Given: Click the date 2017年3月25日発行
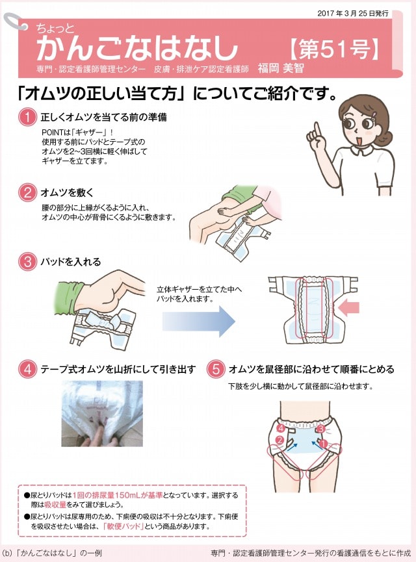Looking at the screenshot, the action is [353, 13].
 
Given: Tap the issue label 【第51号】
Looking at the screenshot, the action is [334, 49].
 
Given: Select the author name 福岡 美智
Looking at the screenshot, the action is [281, 68].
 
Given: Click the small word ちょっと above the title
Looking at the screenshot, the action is [55, 28].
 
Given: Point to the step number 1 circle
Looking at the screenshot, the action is [27, 117].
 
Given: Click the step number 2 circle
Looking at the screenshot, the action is [27, 193].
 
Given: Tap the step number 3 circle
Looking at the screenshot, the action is [27, 262].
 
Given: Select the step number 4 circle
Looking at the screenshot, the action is [27, 369].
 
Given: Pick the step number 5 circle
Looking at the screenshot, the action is [216, 369].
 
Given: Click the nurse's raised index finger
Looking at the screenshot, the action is [317, 131].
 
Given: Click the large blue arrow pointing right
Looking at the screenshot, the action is [199, 321].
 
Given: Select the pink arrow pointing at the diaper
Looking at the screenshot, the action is [348, 307].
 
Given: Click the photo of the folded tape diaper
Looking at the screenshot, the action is [102, 413].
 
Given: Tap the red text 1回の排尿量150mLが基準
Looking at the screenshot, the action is [118, 495].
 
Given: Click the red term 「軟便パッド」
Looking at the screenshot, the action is [123, 526].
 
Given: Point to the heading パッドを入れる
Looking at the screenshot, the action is [71, 262].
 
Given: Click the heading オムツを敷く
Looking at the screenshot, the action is [67, 193].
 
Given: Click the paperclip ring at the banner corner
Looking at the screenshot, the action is [15, 21].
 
